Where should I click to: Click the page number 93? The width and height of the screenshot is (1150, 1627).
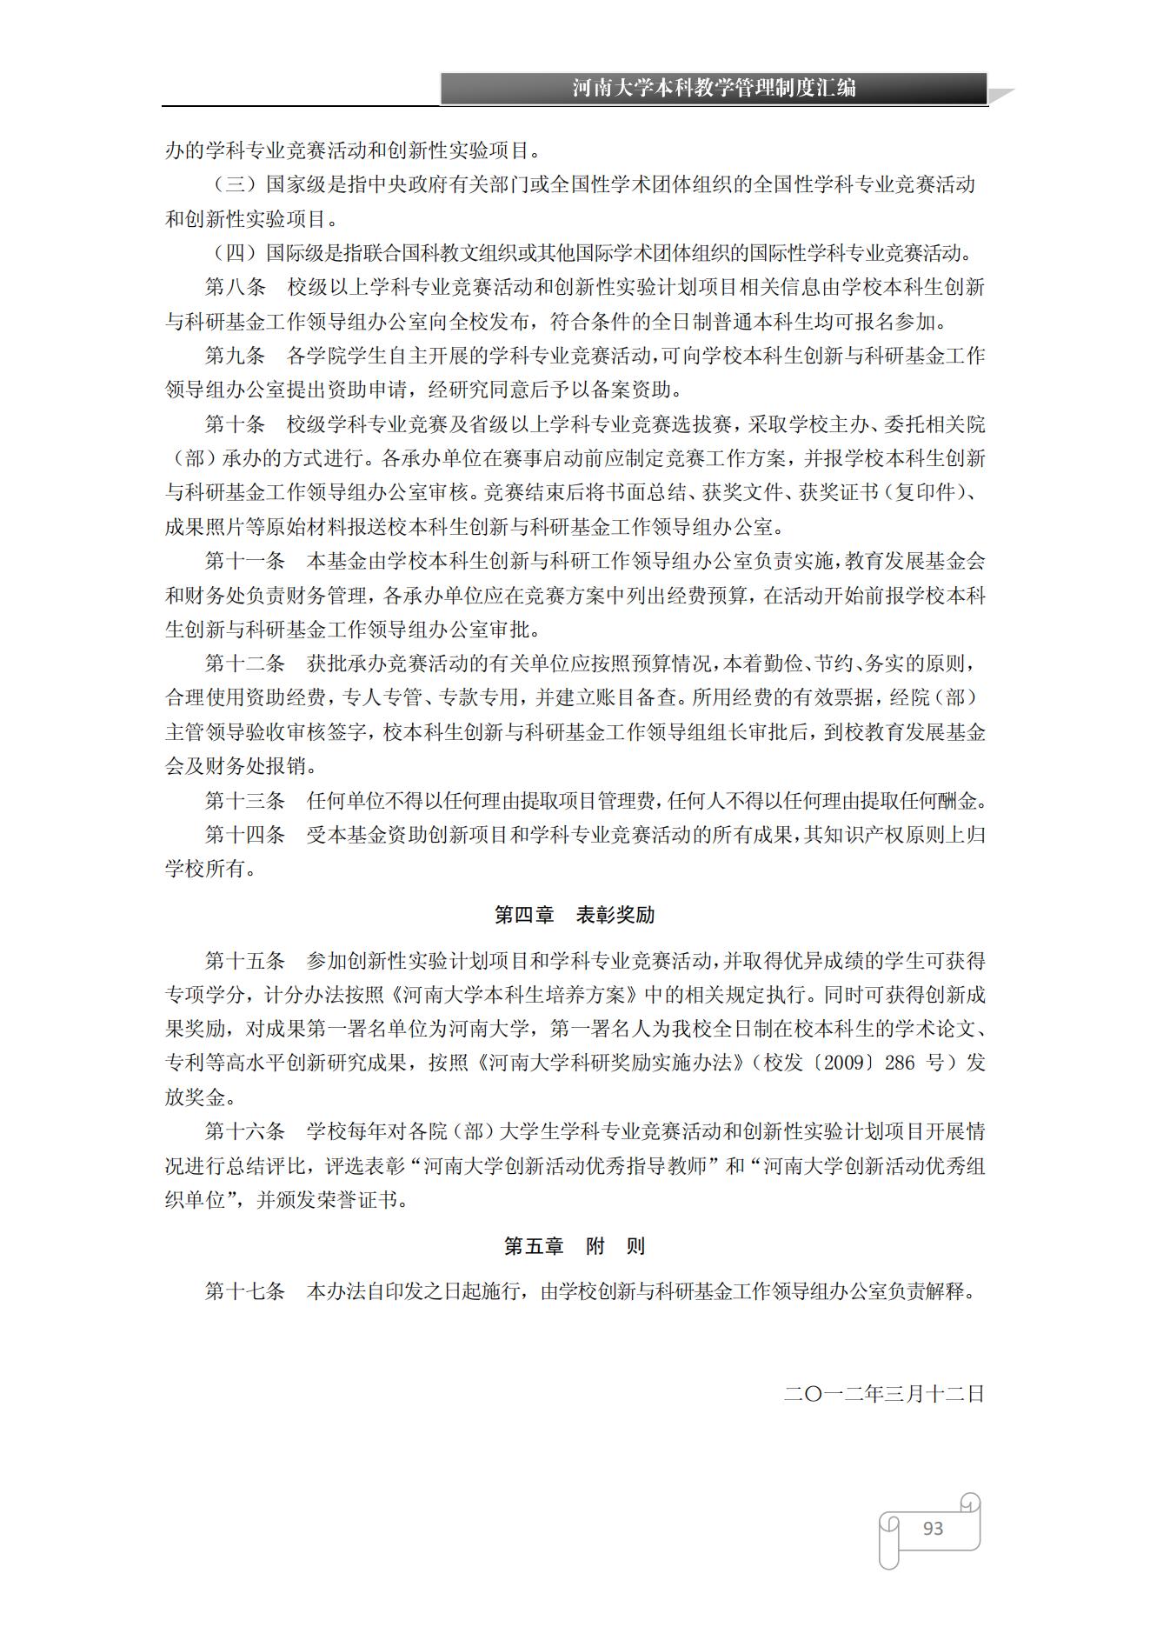point(933,1528)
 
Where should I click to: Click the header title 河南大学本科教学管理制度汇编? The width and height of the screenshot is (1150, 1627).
point(714,88)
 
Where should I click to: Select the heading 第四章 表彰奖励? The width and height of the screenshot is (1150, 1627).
point(575,915)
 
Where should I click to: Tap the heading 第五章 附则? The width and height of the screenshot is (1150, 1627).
point(575,1246)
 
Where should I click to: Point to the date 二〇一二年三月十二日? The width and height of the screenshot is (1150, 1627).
point(884,1394)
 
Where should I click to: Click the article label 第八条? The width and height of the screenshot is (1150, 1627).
point(235,288)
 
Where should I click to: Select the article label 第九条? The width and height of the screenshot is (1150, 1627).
point(235,356)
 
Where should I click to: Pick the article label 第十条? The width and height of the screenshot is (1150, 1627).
point(235,424)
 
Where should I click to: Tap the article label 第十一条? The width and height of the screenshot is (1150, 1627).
point(244,561)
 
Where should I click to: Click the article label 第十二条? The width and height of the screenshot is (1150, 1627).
point(244,663)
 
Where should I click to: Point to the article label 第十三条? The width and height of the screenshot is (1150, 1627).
point(244,801)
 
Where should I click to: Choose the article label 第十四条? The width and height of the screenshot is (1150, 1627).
point(244,835)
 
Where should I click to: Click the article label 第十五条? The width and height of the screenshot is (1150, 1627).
point(244,961)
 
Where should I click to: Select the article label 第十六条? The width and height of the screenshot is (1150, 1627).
point(244,1131)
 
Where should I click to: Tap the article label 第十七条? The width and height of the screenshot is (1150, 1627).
point(244,1291)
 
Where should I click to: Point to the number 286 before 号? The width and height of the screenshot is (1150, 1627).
point(900,1063)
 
